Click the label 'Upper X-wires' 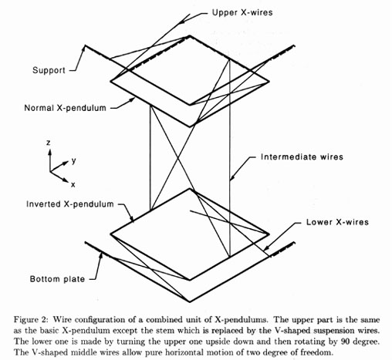click(x=242, y=12)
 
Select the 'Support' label click(x=49, y=70)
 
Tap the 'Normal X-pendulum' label click(x=65, y=108)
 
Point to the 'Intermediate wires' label click(x=302, y=156)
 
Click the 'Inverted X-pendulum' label click(x=70, y=204)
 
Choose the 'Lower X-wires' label click(x=337, y=222)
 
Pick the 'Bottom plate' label click(x=57, y=279)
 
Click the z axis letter click(x=49, y=142)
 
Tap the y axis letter click(x=74, y=160)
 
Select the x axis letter click(x=73, y=184)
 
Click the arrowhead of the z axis click(x=49, y=153)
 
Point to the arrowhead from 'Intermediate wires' click(x=231, y=177)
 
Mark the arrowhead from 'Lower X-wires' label click(x=266, y=247)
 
